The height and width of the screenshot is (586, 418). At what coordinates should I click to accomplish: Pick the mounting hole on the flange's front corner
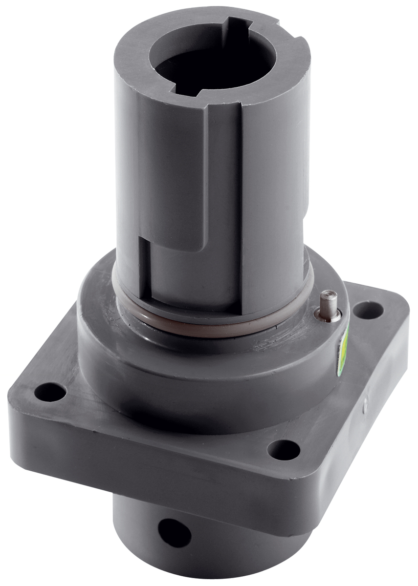284,449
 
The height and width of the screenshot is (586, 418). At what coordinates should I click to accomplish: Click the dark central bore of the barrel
205,68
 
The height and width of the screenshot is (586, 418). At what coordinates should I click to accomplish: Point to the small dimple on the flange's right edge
364,402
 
